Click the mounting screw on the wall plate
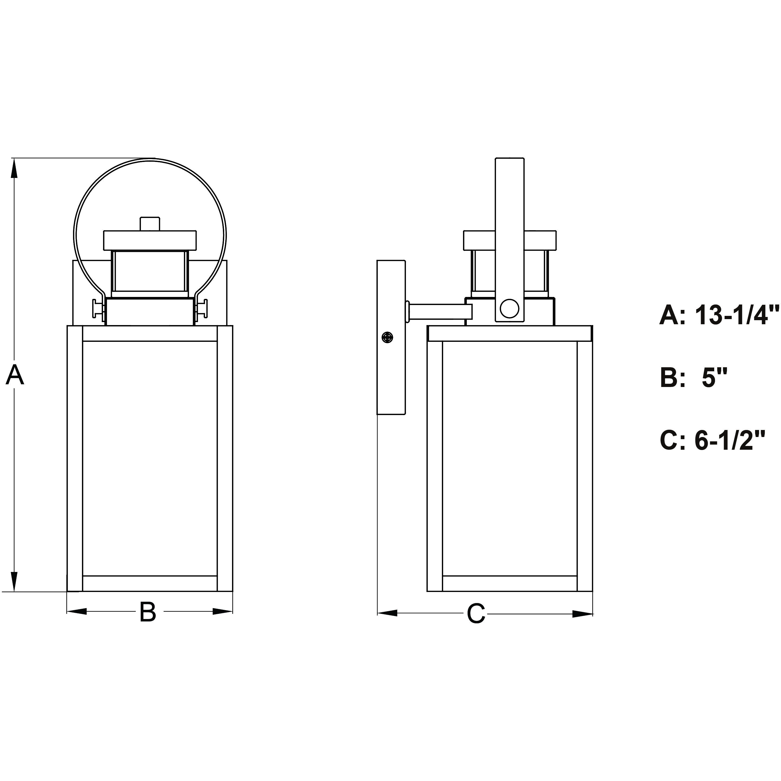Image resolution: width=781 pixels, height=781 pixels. tap(387, 337)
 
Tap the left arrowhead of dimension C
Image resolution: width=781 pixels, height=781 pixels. tap(387, 613)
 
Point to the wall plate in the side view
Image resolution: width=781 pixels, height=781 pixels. tap(391, 337)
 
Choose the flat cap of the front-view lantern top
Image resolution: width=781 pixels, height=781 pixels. tap(150, 240)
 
